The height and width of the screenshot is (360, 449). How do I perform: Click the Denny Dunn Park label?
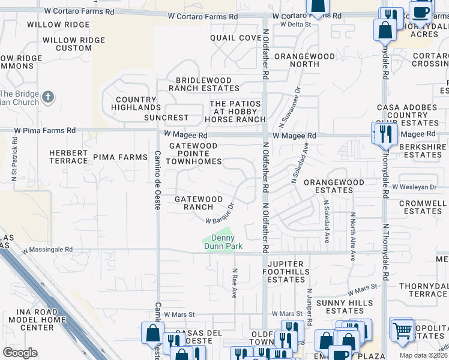[x=218, y=242]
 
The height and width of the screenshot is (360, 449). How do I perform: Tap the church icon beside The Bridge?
[x=49, y=96]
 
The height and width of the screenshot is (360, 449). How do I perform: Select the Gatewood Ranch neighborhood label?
[x=198, y=203]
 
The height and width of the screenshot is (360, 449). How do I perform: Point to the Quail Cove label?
[x=236, y=38]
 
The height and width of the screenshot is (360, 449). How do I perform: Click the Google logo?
[x=20, y=353]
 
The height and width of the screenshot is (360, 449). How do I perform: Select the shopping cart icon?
[x=402, y=329]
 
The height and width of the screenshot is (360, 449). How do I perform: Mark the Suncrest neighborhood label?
[x=166, y=118]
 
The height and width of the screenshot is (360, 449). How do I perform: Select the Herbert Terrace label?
[x=68, y=157]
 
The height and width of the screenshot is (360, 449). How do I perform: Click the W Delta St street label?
[x=295, y=25]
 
